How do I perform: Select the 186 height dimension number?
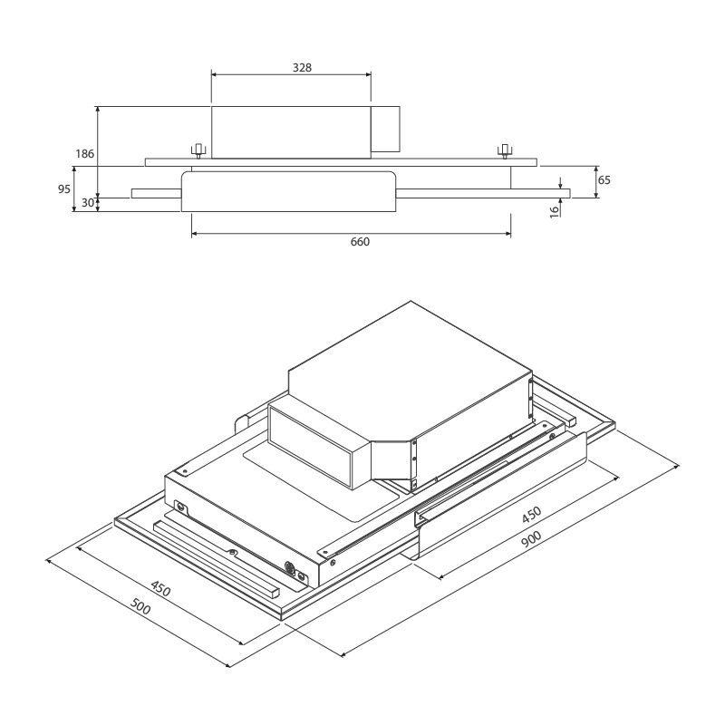[84, 154]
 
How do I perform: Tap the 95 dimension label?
[63, 189]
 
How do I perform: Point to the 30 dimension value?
[87, 203]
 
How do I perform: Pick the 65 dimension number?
[604, 180]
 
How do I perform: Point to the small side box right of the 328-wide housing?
[387, 129]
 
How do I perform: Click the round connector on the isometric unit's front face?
[291, 569]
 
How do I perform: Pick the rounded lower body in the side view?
[289, 190]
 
